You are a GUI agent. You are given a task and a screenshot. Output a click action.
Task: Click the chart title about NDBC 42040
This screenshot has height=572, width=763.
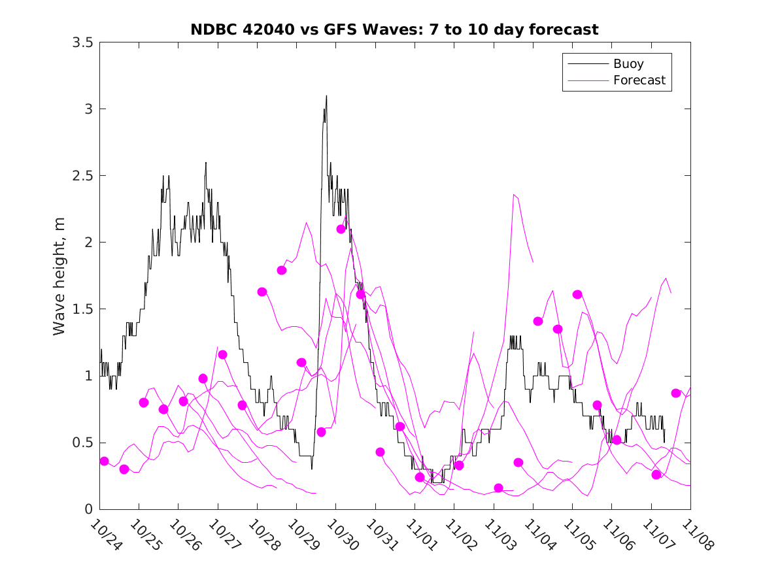394,29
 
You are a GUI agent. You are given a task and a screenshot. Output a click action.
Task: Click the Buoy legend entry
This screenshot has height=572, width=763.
628,64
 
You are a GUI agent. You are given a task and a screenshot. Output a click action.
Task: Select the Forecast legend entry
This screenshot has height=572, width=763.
639,80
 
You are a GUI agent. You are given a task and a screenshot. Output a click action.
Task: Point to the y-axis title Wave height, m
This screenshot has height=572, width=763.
59,277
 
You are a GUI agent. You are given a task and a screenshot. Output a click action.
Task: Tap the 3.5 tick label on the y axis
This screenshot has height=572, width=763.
82,42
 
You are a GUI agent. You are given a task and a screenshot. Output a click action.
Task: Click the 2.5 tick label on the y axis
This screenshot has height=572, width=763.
82,176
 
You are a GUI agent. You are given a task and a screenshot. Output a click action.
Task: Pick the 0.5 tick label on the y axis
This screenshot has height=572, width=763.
82,443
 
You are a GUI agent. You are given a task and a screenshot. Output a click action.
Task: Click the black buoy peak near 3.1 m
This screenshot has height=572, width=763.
326,96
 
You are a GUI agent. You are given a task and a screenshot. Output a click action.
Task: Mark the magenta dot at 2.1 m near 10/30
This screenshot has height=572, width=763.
341,229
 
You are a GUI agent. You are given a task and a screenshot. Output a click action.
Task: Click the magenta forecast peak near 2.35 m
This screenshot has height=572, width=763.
515,195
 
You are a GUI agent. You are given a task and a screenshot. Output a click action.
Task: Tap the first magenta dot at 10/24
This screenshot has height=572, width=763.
104,461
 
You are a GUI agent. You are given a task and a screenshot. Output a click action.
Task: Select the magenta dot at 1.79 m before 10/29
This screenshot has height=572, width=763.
282,270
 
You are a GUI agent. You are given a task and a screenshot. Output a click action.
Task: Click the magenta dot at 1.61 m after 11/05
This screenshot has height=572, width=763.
577,294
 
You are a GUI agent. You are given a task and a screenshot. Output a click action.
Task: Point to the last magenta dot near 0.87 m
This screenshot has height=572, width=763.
676,393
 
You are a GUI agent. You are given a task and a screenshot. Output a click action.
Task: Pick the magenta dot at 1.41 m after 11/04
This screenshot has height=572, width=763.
538,321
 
